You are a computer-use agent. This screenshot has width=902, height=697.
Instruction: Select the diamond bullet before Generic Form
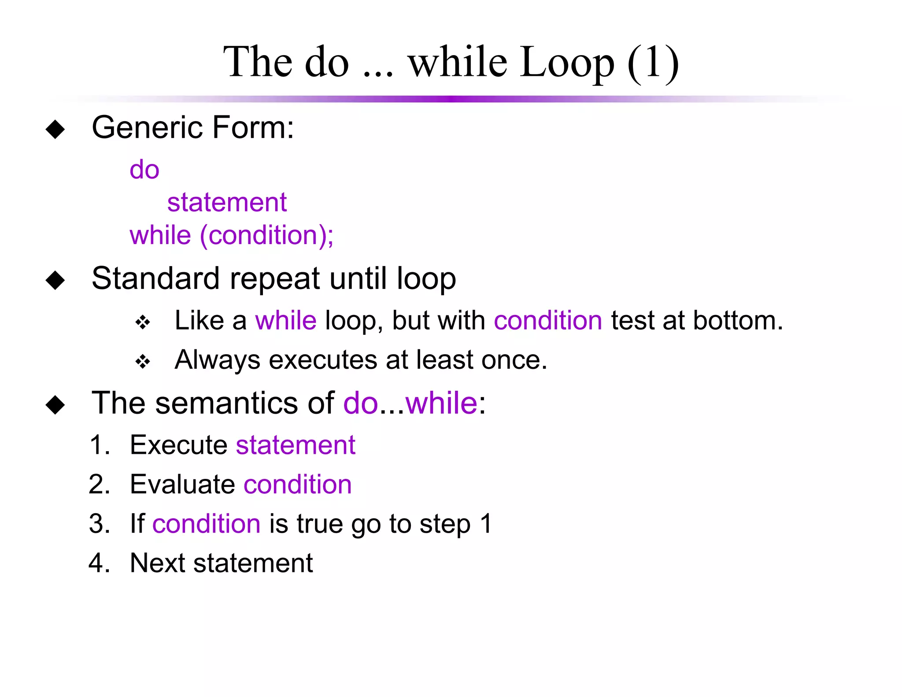click(x=55, y=130)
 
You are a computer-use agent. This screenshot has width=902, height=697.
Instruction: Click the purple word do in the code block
click(x=144, y=170)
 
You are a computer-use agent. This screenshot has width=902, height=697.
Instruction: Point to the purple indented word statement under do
click(x=227, y=202)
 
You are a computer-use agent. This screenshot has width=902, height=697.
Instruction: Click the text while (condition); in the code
click(x=232, y=235)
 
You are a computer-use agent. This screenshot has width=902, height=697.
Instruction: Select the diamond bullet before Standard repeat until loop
click(x=55, y=280)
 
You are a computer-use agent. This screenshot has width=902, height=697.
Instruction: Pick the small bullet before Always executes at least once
click(x=143, y=362)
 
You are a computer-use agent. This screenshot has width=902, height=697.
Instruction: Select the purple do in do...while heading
click(x=360, y=403)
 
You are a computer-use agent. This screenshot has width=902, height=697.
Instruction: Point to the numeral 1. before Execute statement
click(x=100, y=445)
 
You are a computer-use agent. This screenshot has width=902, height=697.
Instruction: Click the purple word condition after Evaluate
click(x=298, y=484)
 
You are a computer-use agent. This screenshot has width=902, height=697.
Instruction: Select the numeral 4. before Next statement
click(x=100, y=563)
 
